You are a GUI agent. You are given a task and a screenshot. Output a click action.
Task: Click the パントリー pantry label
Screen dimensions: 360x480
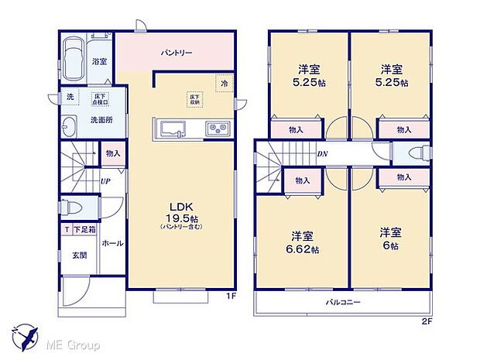[x=177, y=53]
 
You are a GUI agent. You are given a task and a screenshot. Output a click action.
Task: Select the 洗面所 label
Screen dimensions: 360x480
[x=102, y=119]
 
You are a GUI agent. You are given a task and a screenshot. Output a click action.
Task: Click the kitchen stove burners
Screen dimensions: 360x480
[x=214, y=128]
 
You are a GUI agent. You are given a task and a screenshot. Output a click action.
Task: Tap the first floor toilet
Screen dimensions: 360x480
[x=70, y=208]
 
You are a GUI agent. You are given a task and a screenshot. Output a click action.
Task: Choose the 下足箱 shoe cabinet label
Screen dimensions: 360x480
[x=84, y=230]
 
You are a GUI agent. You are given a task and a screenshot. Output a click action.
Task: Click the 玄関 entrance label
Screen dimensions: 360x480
[x=80, y=255]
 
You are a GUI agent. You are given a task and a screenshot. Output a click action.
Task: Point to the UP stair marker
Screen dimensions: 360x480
[x=105, y=182]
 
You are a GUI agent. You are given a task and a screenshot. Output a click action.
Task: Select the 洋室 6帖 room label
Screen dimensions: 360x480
[x=390, y=237]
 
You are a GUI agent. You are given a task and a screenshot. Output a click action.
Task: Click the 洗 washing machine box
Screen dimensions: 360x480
[x=69, y=97]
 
